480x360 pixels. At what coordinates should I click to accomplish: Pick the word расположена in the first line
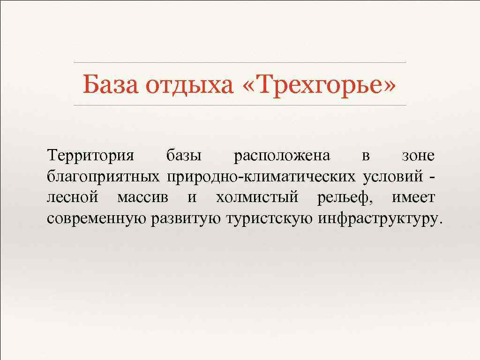281,155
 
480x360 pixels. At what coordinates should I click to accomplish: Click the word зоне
419,155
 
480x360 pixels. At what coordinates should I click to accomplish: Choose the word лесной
73,197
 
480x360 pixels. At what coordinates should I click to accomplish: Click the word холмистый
257,197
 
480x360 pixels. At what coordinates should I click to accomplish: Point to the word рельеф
345,197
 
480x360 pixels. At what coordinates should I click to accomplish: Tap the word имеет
413,197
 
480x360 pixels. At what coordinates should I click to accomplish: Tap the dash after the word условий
431,177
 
